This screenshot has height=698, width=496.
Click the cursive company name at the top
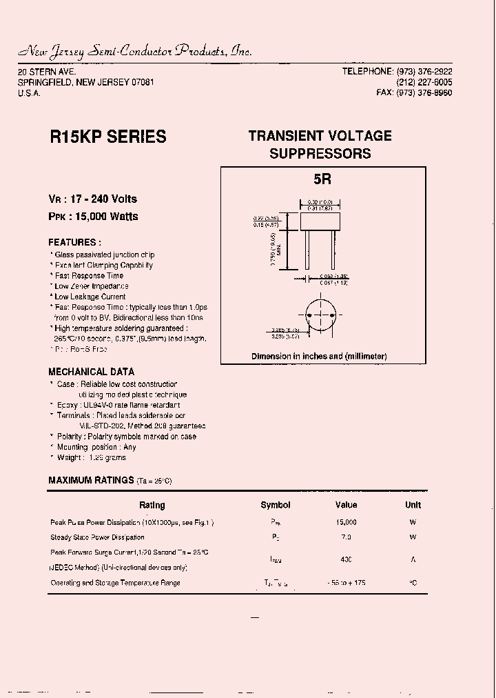click(135, 51)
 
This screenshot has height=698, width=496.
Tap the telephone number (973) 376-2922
click(424, 72)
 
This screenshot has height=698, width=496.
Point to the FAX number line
click(414, 92)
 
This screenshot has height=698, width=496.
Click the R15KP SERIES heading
click(108, 137)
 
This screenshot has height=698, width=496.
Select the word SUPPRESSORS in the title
click(320, 154)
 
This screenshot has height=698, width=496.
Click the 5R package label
click(322, 179)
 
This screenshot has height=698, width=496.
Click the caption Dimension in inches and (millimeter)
click(319, 356)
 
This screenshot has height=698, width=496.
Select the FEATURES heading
click(74, 242)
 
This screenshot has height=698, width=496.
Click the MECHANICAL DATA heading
click(91, 371)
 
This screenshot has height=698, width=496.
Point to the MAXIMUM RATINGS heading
click(91, 480)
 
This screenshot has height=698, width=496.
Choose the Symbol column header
click(276, 505)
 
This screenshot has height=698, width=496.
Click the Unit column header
click(413, 505)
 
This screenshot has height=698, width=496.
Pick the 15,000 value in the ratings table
click(346, 522)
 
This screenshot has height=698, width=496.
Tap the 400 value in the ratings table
click(346, 559)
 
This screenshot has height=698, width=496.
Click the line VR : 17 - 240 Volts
click(92, 199)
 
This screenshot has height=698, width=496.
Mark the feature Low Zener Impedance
click(92, 286)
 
